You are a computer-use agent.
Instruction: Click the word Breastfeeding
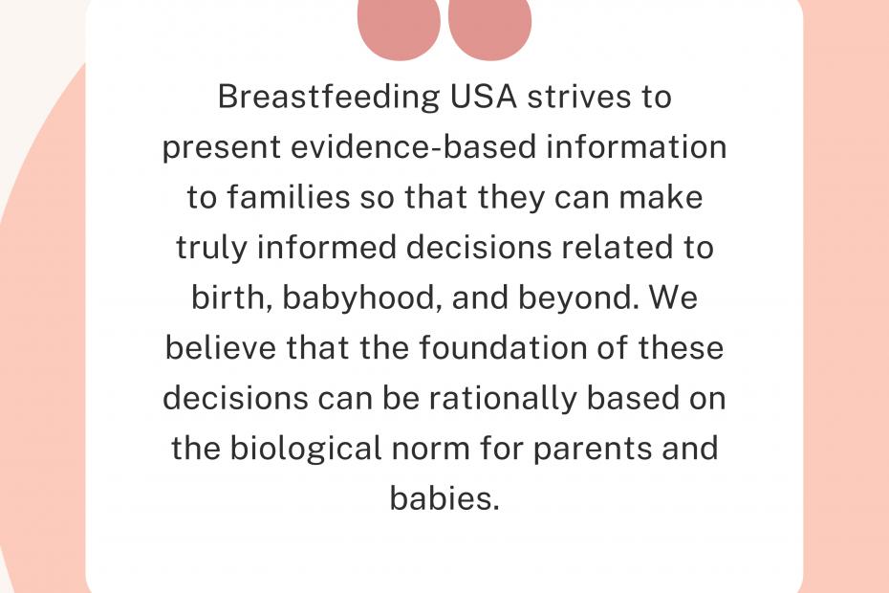[x=329, y=98]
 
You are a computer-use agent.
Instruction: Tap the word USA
[x=483, y=97]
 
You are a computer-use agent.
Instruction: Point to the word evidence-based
[x=413, y=146]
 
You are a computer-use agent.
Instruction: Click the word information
[x=636, y=146]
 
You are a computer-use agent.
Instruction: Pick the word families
[x=289, y=196]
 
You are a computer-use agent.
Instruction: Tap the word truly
[x=211, y=249]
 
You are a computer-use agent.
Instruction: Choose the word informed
[x=327, y=247]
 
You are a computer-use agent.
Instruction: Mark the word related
[x=616, y=247]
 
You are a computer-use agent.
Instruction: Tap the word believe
[x=221, y=347]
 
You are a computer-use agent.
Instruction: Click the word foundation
[x=503, y=347]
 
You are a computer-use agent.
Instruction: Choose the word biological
[x=306, y=449]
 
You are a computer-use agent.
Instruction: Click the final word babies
[x=444, y=497]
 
